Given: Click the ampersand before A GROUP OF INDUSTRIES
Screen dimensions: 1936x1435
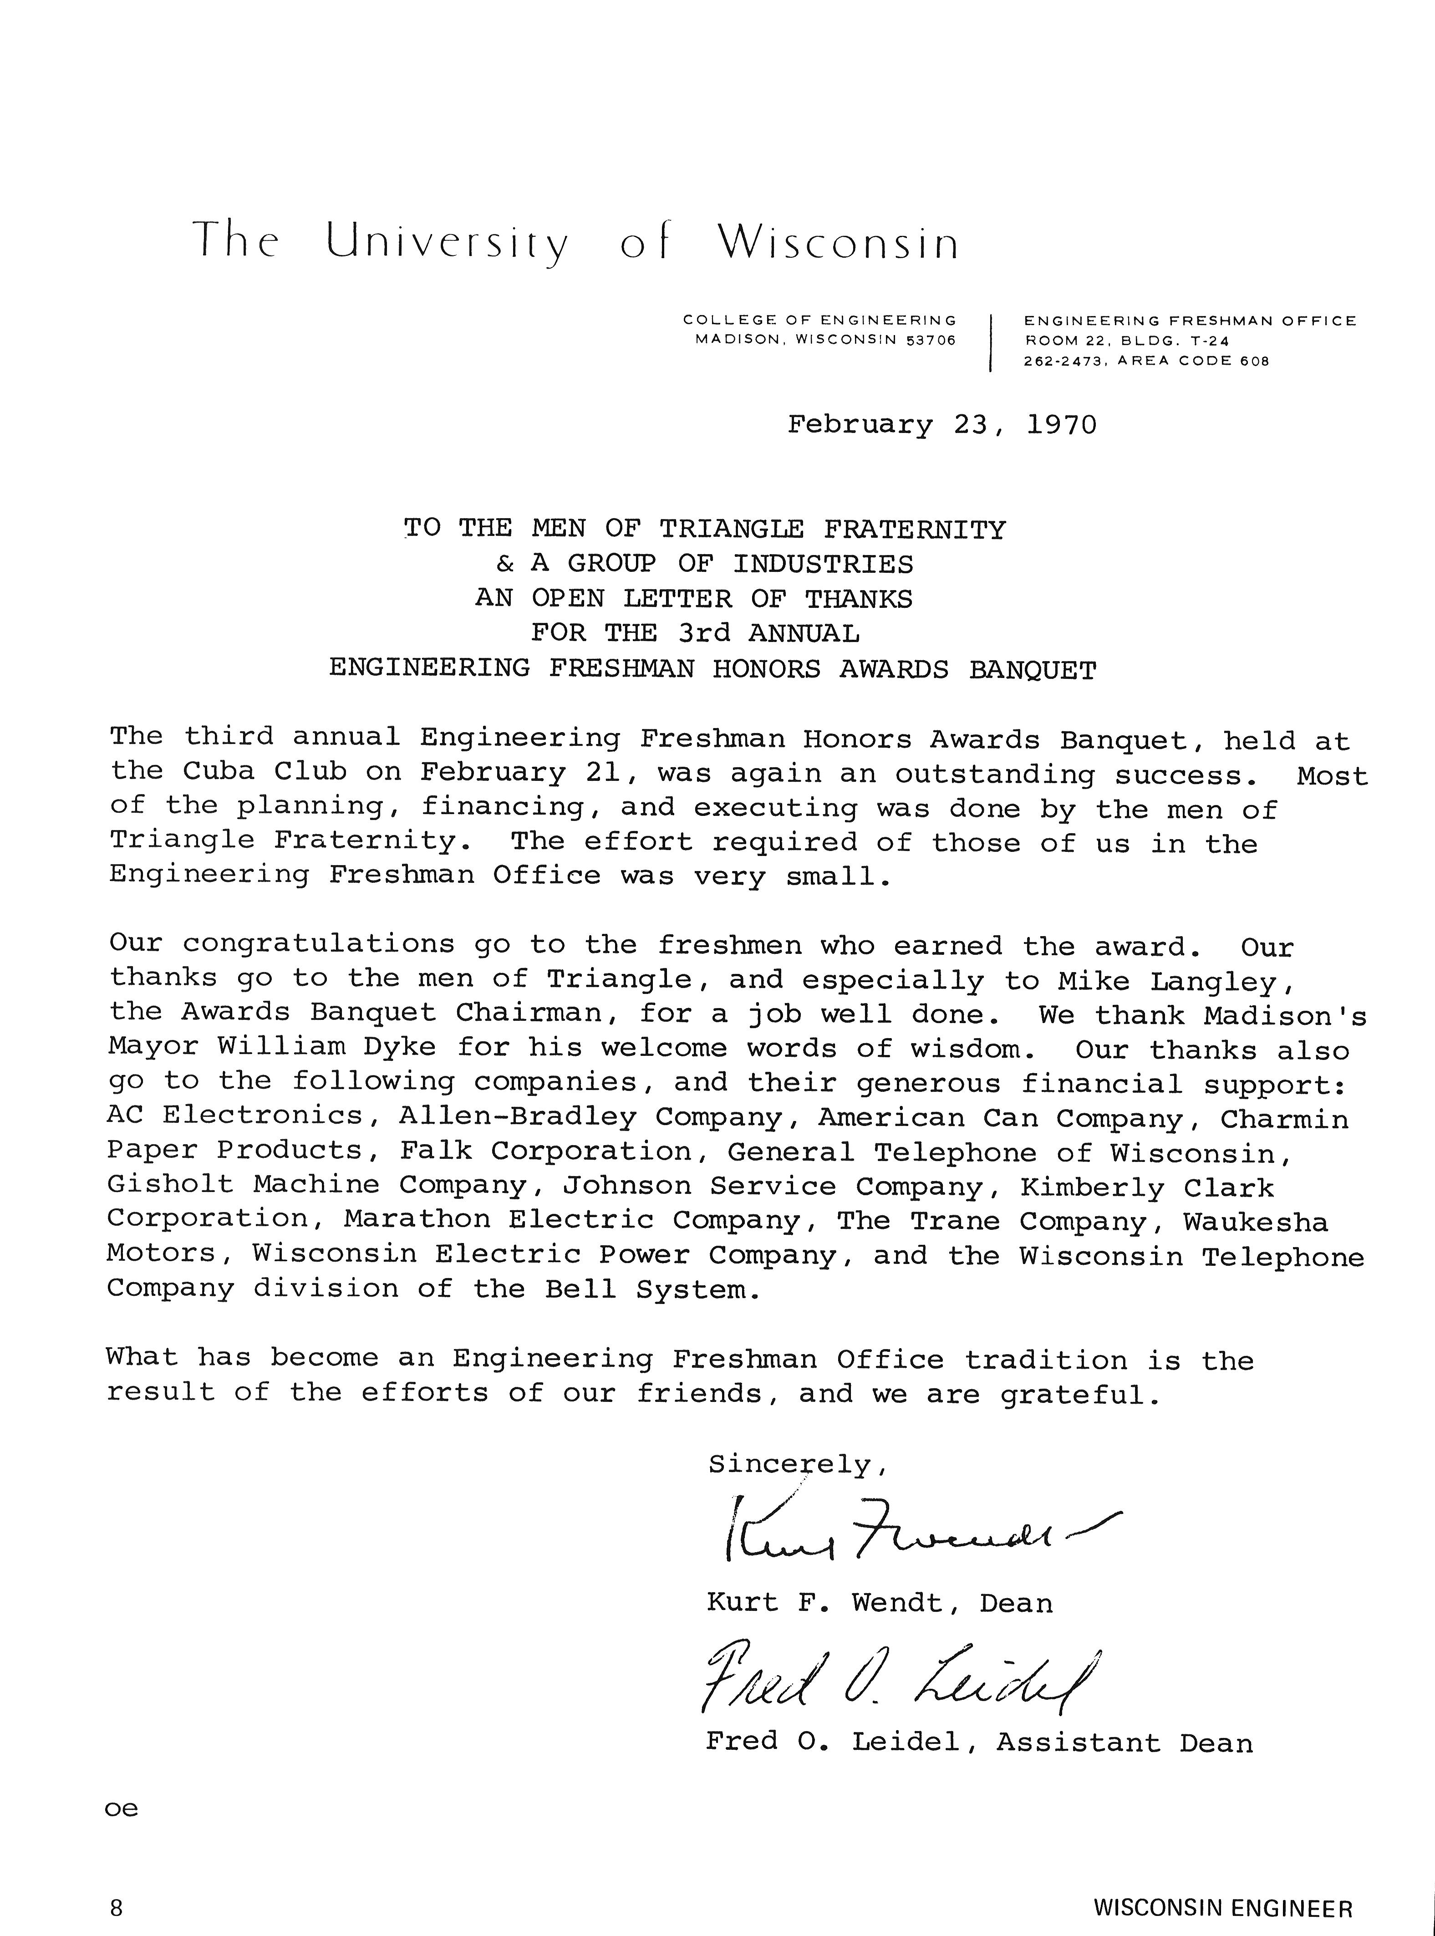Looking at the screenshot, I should pos(505,565).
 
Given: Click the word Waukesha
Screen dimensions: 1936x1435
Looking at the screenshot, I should pos(1255,1222).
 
